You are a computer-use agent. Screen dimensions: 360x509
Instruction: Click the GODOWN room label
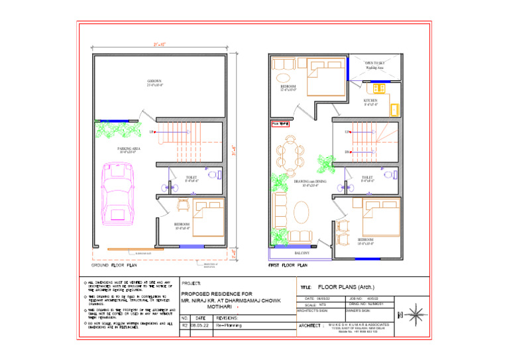click(155, 83)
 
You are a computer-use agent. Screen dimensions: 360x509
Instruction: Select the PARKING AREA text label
click(128, 150)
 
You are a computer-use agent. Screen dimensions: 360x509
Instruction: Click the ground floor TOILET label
click(192, 178)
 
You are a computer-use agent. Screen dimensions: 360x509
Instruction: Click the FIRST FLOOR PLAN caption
click(288, 265)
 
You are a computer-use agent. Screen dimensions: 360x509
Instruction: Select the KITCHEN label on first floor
click(370, 102)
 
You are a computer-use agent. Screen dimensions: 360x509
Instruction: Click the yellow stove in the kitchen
click(380, 88)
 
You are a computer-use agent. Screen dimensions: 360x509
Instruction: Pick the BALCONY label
click(303, 253)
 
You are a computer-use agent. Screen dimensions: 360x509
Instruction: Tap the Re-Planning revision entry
click(229, 326)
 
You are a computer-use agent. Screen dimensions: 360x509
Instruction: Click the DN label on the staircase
click(347, 152)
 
